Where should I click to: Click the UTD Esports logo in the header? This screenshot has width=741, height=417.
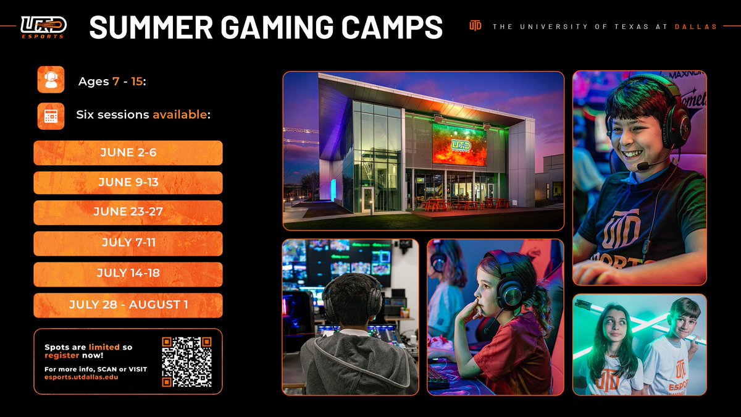[43, 27]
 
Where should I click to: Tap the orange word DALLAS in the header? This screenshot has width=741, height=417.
[695, 27]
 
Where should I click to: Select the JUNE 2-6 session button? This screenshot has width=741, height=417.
[128, 153]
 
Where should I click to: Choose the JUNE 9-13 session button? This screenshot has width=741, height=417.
[128, 182]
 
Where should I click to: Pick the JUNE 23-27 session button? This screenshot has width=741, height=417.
[128, 212]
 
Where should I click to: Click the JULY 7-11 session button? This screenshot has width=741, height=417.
[128, 243]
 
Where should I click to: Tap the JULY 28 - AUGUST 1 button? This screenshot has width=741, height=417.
[128, 305]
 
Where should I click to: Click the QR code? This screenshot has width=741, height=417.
[186, 361]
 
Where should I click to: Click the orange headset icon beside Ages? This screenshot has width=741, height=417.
[51, 80]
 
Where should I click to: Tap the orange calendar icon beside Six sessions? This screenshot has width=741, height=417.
[51, 116]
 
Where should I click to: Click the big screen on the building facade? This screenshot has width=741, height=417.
[459, 144]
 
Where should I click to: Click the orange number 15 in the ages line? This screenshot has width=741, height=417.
[136, 82]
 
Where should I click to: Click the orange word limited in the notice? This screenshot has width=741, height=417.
[104, 347]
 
